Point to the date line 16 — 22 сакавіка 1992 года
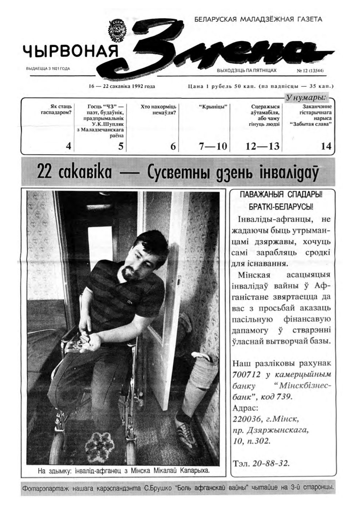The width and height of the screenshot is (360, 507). (122, 86)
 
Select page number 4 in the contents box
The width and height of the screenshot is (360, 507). (68, 146)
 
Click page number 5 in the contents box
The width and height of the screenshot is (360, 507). (121, 146)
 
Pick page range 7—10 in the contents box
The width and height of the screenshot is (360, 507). (213, 146)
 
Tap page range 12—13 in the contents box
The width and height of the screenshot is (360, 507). (262, 146)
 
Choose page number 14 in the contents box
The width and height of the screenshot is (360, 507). (326, 146)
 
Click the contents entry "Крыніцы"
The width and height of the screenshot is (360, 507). (213, 107)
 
